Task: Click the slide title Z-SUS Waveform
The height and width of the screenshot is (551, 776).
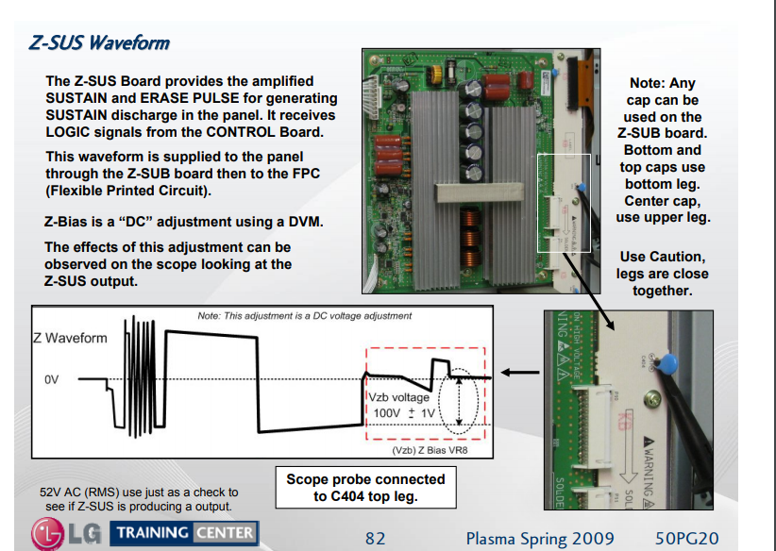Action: (100, 43)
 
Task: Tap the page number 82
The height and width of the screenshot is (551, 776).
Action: (376, 539)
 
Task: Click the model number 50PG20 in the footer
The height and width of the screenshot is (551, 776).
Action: (688, 539)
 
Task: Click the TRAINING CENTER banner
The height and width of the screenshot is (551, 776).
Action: (184, 533)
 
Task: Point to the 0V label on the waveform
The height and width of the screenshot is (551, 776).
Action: (54, 379)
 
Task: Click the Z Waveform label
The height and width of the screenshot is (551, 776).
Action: (71, 338)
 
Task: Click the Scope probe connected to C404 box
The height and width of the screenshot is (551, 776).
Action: (365, 487)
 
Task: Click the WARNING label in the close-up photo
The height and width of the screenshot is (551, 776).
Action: (651, 463)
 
